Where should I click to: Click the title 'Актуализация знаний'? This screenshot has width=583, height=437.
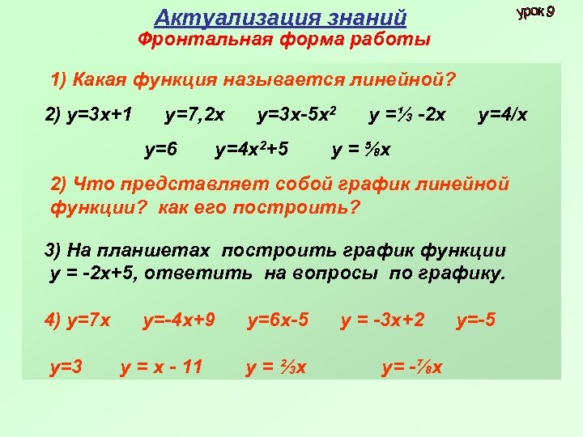pyautogui.click(x=280, y=17)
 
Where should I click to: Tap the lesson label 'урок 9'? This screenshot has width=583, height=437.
pyautogui.click(x=535, y=12)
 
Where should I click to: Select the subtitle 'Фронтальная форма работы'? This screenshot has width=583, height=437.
pyautogui.click(x=283, y=40)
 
